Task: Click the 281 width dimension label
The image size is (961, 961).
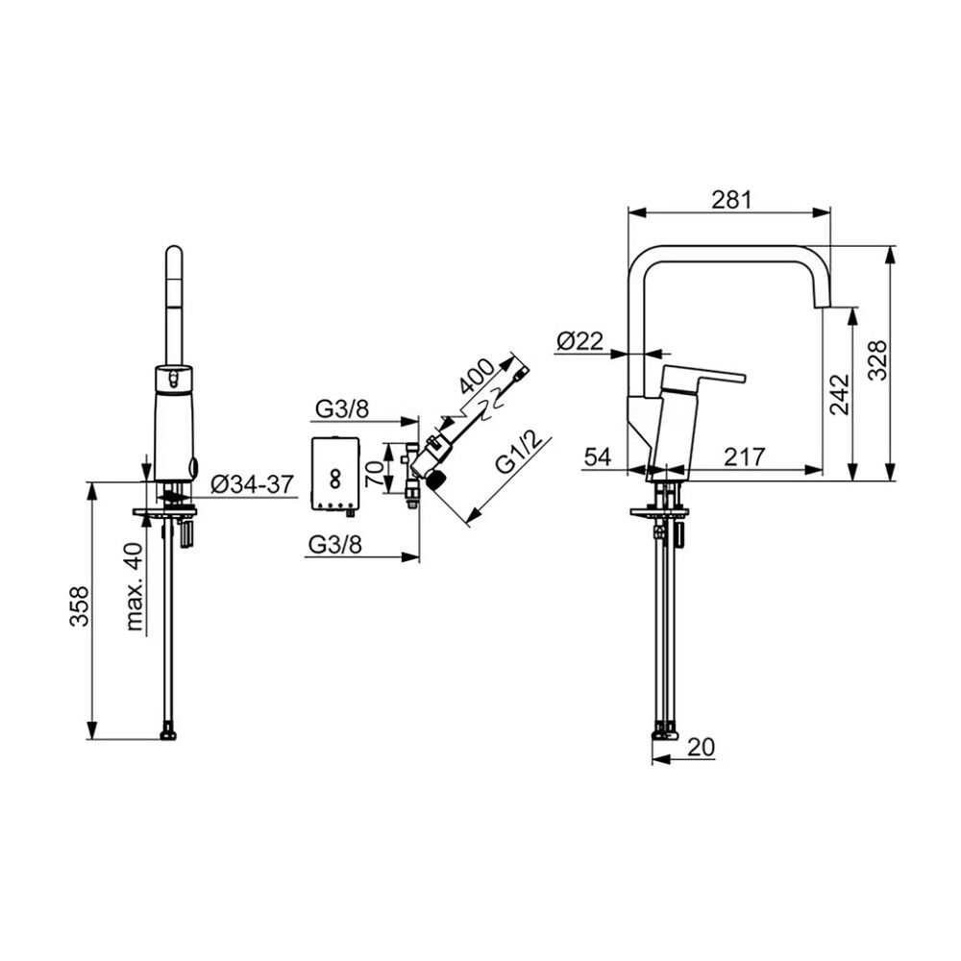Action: [x=731, y=200]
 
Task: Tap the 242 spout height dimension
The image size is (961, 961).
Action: [x=840, y=394]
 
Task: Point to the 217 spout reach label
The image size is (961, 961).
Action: [x=745, y=456]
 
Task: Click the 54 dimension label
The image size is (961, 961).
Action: [x=598, y=456]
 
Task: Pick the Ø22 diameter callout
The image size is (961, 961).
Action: [x=580, y=341]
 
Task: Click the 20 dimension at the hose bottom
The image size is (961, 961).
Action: [x=702, y=747]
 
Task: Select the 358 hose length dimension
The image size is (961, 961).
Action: [x=79, y=606]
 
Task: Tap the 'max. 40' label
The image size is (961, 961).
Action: [x=135, y=587]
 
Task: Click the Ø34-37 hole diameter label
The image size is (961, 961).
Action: [x=253, y=484]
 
